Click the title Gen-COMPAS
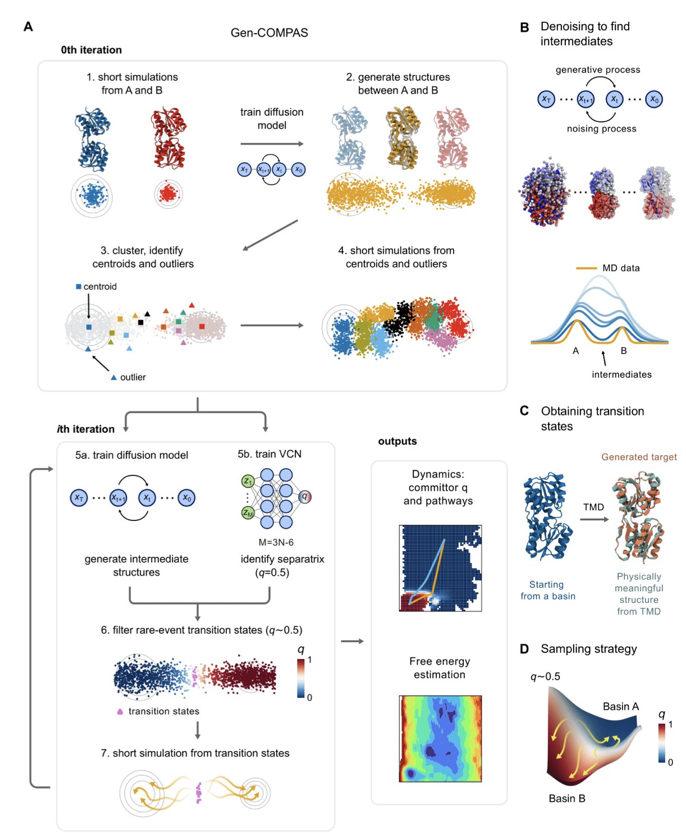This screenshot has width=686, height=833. [269, 33]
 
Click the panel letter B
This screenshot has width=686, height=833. [524, 27]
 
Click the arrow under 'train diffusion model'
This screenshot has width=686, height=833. [272, 144]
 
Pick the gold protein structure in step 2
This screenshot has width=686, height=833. [403, 138]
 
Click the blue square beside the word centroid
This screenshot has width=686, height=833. [79, 287]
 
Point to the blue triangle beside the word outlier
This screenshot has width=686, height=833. [114, 378]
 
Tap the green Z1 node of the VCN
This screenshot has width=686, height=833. [248, 481]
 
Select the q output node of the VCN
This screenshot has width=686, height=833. [305, 496]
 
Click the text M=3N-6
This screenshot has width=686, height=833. [276, 542]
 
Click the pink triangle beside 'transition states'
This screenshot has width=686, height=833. [120, 712]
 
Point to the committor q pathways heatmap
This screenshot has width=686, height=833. [440, 568]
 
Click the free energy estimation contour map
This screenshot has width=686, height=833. [440, 739]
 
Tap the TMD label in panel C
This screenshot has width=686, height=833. [593, 507]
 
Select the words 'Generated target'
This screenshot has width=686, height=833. [639, 457]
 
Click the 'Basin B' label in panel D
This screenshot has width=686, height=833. [567, 798]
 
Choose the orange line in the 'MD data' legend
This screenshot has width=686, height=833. [586, 268]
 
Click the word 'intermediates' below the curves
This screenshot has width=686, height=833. [621, 374]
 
